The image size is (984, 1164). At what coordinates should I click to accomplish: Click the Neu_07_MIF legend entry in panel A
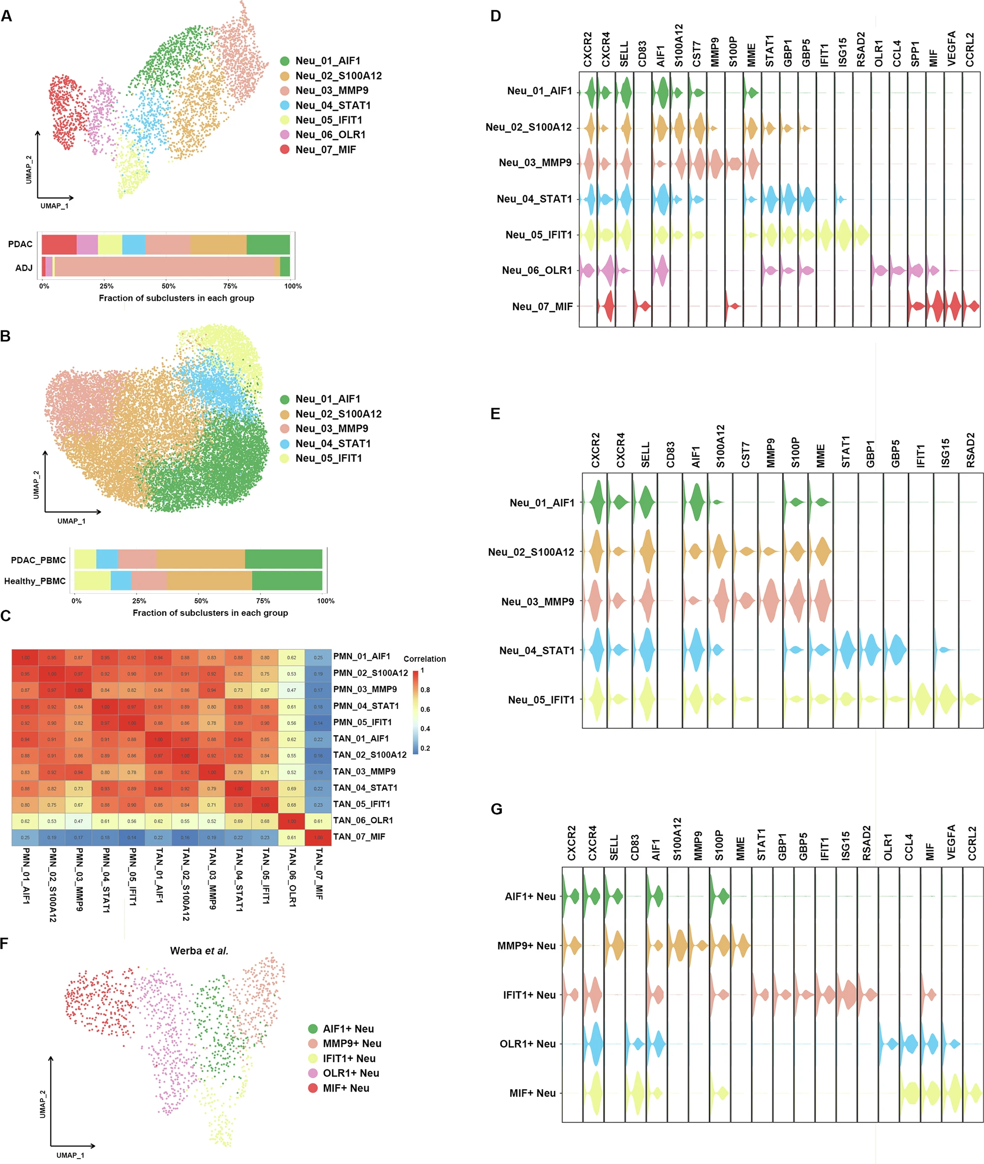325,150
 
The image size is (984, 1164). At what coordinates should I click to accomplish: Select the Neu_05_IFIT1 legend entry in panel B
328,458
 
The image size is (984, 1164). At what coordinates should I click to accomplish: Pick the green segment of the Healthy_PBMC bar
287,581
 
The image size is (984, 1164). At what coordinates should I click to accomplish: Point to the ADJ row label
24,268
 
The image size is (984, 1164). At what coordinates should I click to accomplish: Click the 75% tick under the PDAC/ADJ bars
230,286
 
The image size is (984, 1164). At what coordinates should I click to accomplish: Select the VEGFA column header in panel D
952,49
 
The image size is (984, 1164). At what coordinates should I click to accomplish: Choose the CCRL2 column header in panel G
972,843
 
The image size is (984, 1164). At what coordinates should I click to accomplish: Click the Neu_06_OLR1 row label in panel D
537,270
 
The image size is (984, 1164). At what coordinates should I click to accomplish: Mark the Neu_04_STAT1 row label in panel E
537,650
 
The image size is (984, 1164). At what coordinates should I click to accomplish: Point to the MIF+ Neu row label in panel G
532,1093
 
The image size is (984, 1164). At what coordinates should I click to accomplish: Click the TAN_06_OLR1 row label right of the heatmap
363,820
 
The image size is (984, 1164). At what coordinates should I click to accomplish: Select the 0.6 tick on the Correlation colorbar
425,709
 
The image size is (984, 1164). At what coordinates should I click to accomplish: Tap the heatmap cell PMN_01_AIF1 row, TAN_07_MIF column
318,658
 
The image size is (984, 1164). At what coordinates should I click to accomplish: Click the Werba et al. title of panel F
199,951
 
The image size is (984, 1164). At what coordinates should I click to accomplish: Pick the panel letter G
496,809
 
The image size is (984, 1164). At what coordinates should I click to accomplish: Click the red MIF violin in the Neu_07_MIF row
934,306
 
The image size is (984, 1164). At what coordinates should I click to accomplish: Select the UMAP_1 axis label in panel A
55,206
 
